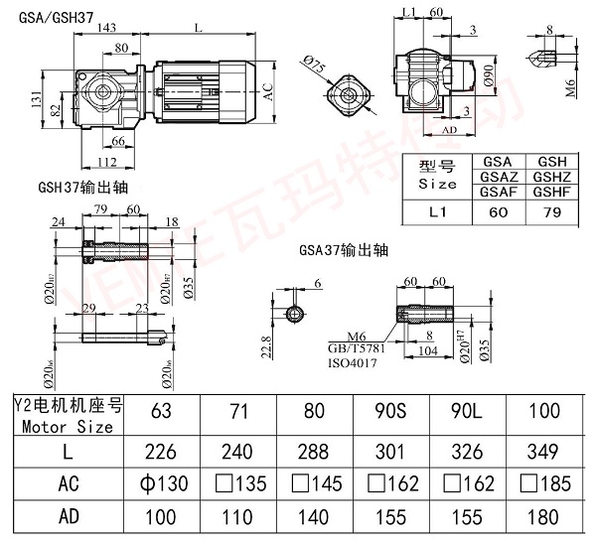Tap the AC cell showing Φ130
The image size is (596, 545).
click(163, 484)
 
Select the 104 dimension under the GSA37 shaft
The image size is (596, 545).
click(430, 350)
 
